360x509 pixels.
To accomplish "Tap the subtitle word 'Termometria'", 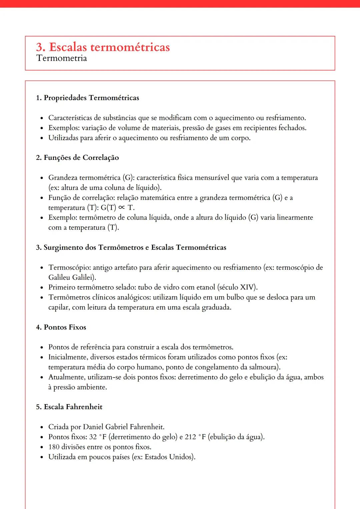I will (62, 58).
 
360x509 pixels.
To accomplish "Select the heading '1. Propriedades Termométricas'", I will (88, 98).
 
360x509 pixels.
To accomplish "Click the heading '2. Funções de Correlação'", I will (77, 158).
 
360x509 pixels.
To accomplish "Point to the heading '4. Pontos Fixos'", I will (61, 327).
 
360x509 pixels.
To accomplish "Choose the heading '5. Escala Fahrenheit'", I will (69, 407).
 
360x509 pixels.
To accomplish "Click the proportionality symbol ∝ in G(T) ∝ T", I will (122, 208).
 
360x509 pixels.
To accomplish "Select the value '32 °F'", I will (98, 437).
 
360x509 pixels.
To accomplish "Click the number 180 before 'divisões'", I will (54, 447).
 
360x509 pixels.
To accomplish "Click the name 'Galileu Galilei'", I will (71, 277).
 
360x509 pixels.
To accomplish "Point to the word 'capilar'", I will (59, 307).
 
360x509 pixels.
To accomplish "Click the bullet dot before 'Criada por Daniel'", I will (42, 427).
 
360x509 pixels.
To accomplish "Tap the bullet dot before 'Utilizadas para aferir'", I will (42, 138).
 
